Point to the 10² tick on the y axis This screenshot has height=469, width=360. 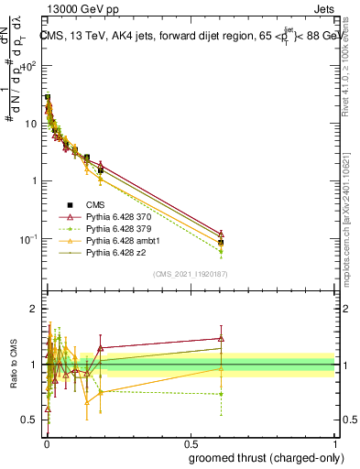pos(31,66)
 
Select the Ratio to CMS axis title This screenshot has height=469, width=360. pos(15,365)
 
